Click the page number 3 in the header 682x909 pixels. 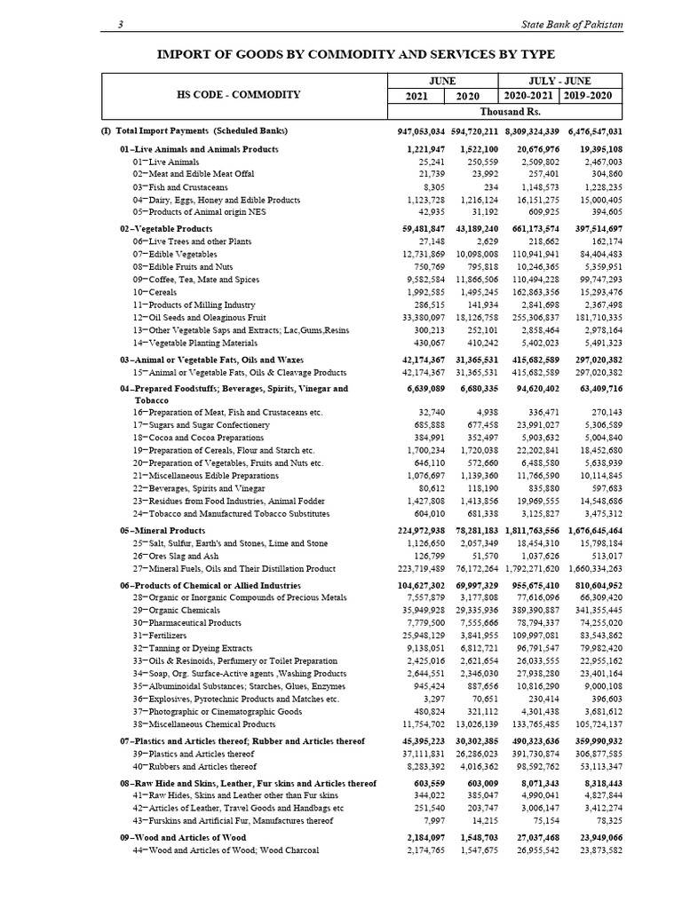click(x=120, y=24)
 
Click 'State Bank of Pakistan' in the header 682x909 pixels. click(x=571, y=24)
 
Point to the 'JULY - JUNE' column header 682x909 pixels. click(x=561, y=80)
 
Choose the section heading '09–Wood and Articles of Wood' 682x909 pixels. click(x=183, y=837)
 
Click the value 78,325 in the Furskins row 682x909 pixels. click(x=604, y=821)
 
